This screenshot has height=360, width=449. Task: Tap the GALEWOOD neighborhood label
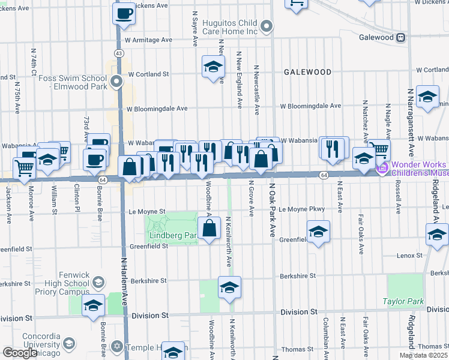(307, 72)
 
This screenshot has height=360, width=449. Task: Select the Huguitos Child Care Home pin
(268, 26)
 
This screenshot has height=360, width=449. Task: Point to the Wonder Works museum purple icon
(382, 169)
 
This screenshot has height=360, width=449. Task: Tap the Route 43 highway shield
(119, 53)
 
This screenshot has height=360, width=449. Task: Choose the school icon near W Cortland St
(212, 67)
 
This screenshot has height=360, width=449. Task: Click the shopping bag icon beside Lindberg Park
(209, 229)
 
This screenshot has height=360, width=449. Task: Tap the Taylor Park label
(403, 302)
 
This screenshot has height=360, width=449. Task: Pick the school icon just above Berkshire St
(229, 289)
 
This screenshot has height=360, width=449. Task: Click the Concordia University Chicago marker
(68, 343)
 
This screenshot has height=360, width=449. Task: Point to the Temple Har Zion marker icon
(118, 347)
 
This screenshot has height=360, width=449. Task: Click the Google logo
(20, 353)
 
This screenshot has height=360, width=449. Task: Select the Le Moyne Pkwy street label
(301, 209)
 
